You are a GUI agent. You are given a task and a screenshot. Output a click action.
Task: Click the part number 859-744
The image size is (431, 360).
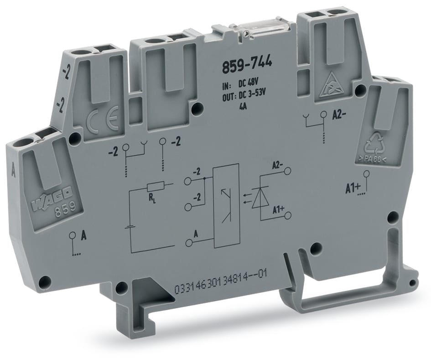[x=246, y=65]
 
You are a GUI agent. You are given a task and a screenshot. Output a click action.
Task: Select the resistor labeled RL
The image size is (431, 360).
[x=156, y=187]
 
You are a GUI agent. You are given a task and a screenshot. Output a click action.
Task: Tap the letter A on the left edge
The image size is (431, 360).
[x=12, y=172]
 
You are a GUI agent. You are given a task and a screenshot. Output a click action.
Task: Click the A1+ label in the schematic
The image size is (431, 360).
[x=278, y=209]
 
